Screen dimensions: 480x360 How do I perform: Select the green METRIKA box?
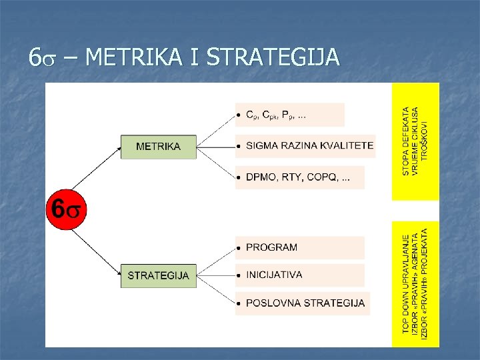(158, 147)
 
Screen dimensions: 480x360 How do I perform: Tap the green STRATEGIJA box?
(158, 275)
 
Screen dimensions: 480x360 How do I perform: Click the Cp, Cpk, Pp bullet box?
(290, 115)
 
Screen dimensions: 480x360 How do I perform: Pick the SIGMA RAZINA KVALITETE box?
(305, 145)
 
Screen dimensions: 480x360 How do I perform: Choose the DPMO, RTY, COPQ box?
(300, 177)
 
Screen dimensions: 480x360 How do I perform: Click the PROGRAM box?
(300, 247)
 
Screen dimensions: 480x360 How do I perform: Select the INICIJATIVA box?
(300, 275)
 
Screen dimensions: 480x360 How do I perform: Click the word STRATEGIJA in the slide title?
(273, 58)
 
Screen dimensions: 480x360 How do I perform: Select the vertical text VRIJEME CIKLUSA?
(416, 141)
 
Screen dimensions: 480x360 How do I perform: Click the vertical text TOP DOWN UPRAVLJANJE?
(406, 283)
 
